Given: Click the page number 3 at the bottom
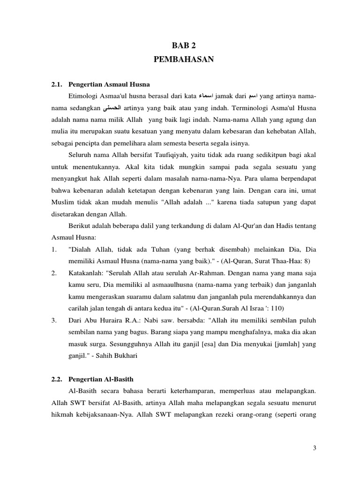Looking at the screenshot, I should (315, 449).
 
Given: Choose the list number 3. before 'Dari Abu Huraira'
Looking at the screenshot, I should (54, 321).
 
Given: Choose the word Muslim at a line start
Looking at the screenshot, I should (63, 202).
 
